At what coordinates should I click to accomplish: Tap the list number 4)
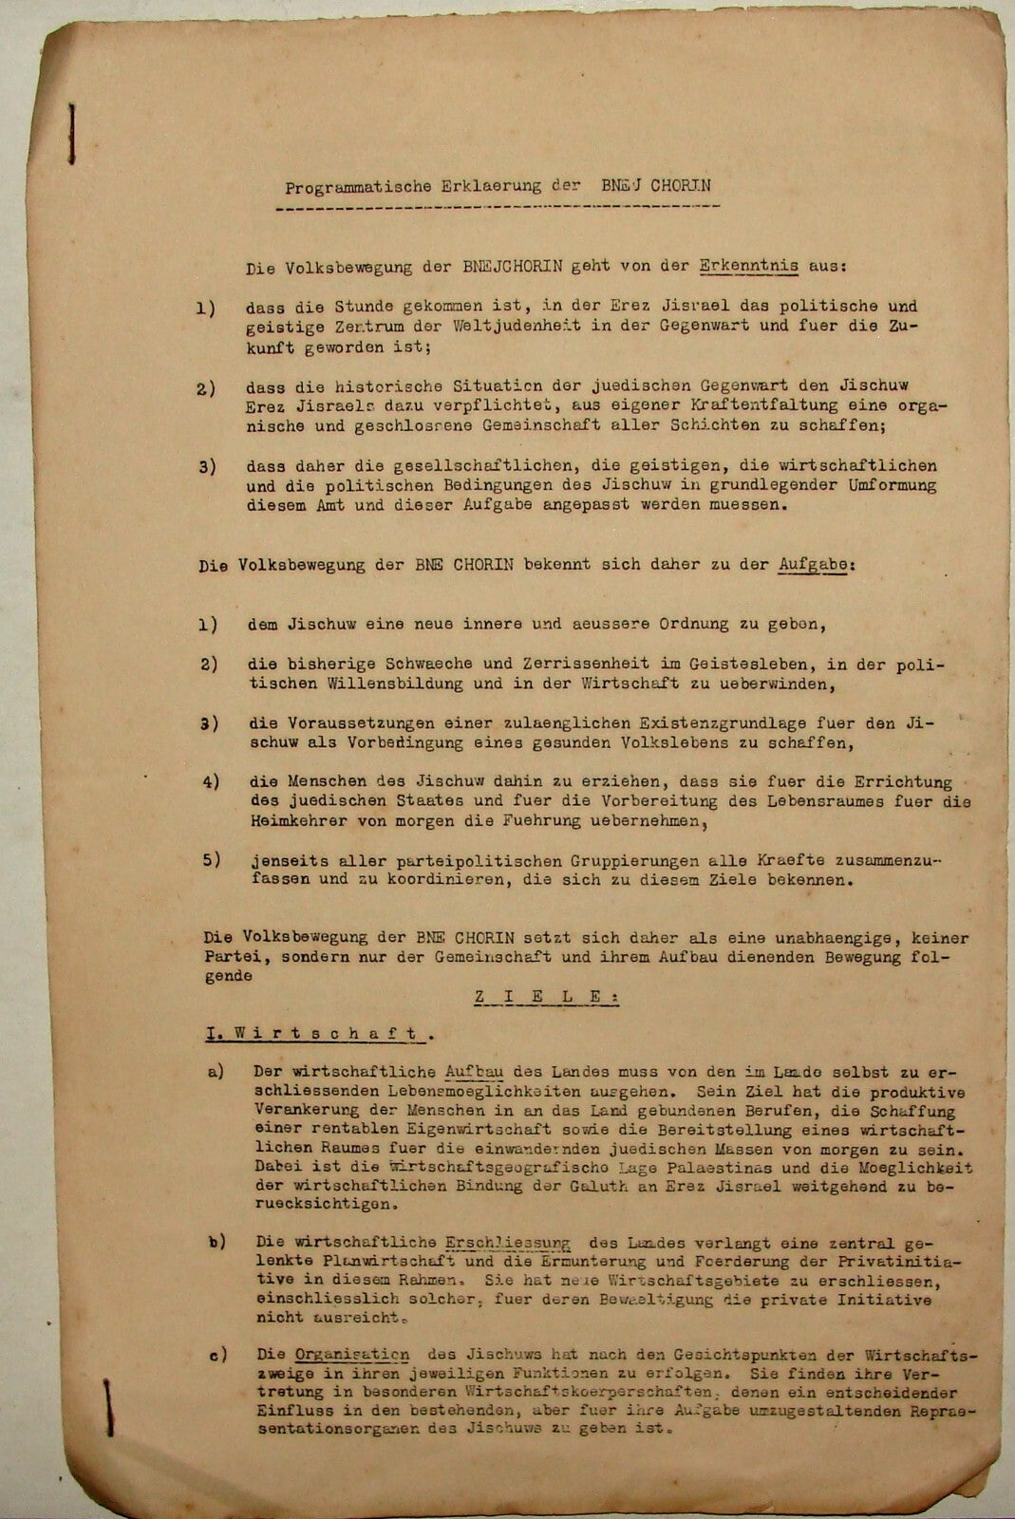[209, 781]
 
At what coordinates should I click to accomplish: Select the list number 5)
[209, 860]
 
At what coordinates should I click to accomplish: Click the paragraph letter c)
[216, 1355]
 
